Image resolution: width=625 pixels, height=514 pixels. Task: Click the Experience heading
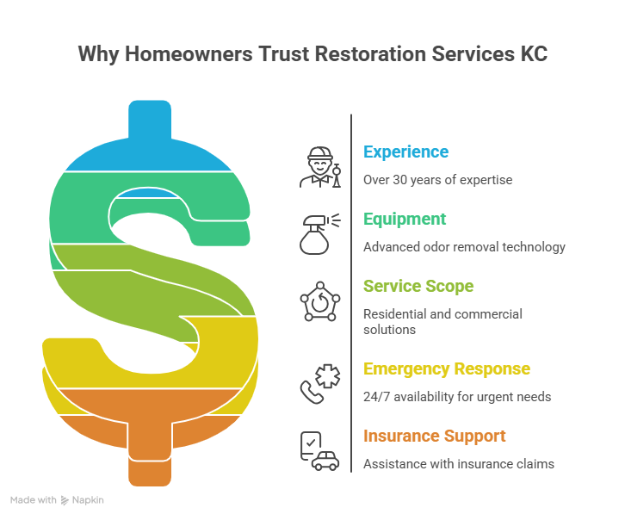point(405,152)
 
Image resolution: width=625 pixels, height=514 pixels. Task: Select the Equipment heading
point(404,219)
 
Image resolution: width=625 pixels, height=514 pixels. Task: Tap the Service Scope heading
point(418,286)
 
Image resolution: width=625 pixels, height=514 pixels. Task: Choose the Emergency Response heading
point(447,369)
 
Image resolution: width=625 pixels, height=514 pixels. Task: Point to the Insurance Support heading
point(434,436)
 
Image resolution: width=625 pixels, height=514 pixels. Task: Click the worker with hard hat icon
point(320,167)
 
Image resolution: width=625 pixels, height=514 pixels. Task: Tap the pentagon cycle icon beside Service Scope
point(319,301)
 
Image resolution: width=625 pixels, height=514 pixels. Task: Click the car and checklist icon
point(319,451)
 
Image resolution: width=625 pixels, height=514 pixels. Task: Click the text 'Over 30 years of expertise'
point(437,180)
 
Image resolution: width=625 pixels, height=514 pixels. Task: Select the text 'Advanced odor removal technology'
point(464,247)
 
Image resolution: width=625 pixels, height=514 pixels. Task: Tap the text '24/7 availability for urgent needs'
point(457,397)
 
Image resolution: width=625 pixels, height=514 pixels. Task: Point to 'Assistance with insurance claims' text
point(458,464)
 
